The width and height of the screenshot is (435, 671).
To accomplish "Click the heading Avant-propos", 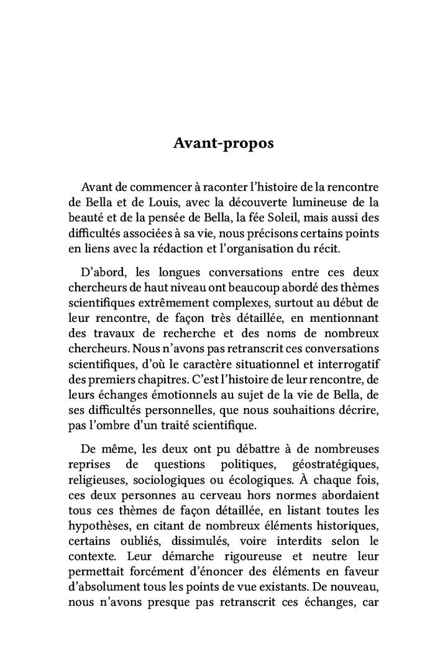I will tap(214, 144).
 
